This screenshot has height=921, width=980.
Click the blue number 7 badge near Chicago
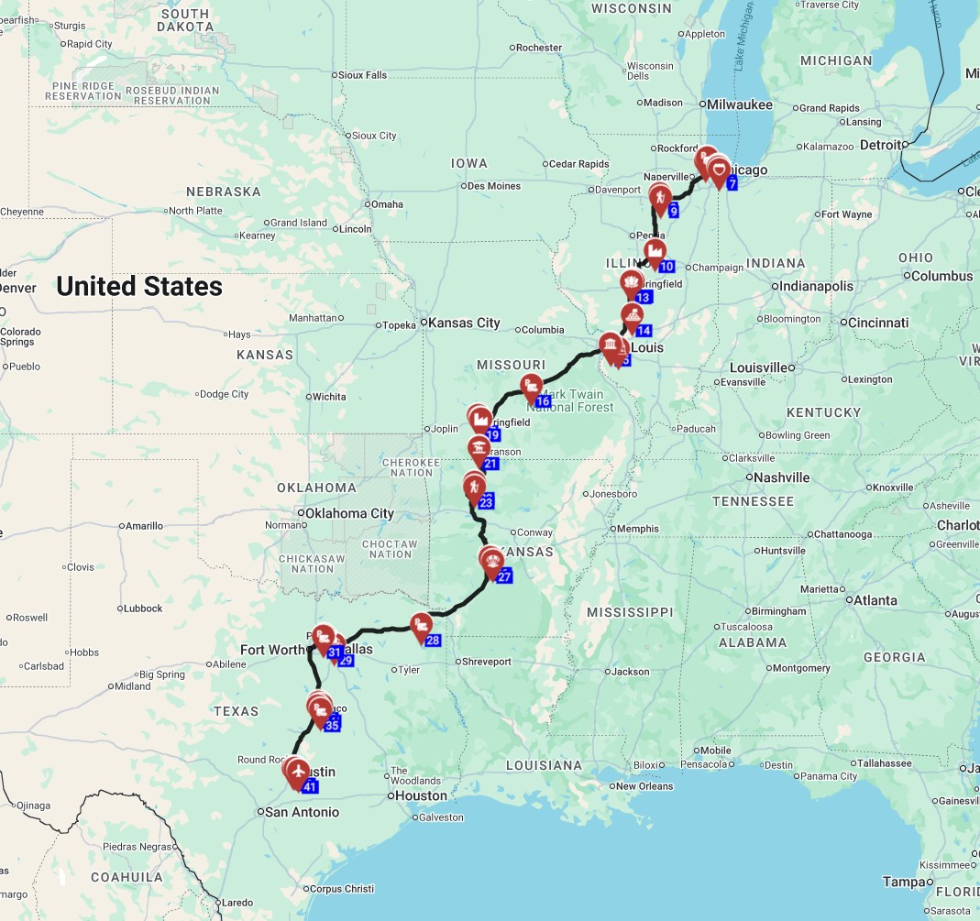[732, 183]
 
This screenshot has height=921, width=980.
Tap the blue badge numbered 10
[666, 267]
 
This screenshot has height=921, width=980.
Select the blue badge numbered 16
[543, 401]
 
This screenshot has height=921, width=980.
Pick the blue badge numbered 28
[433, 641]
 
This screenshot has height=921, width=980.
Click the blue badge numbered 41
[310, 786]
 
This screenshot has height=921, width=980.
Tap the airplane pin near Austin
[297, 771]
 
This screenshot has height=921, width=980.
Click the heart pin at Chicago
[721, 170]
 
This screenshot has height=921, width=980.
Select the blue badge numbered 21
[490, 464]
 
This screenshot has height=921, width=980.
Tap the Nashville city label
[780, 477]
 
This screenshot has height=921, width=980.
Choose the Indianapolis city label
[816, 286]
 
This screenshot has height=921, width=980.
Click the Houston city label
[421, 795]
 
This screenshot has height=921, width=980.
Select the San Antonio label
[302, 812]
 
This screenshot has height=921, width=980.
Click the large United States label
[139, 287]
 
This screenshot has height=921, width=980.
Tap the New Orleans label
[644, 786]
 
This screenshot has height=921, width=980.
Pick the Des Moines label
[493, 186]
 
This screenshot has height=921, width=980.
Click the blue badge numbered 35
[333, 725]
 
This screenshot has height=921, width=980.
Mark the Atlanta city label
[875, 600]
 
